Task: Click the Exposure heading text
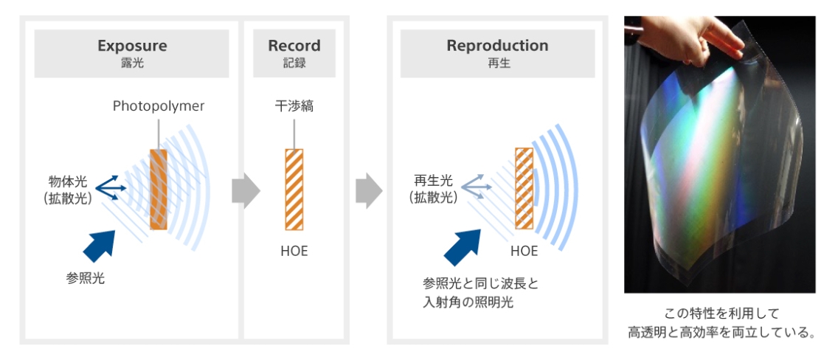(132, 46)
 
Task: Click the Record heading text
(294, 46)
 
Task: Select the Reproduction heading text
(497, 46)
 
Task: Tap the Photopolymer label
(159, 106)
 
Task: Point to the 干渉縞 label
(294, 106)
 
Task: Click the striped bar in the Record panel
(294, 190)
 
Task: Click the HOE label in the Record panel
(294, 251)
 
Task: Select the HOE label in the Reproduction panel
(524, 251)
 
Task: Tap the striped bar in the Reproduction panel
(524, 190)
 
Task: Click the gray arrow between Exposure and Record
(246, 191)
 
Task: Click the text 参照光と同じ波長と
(477, 283)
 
